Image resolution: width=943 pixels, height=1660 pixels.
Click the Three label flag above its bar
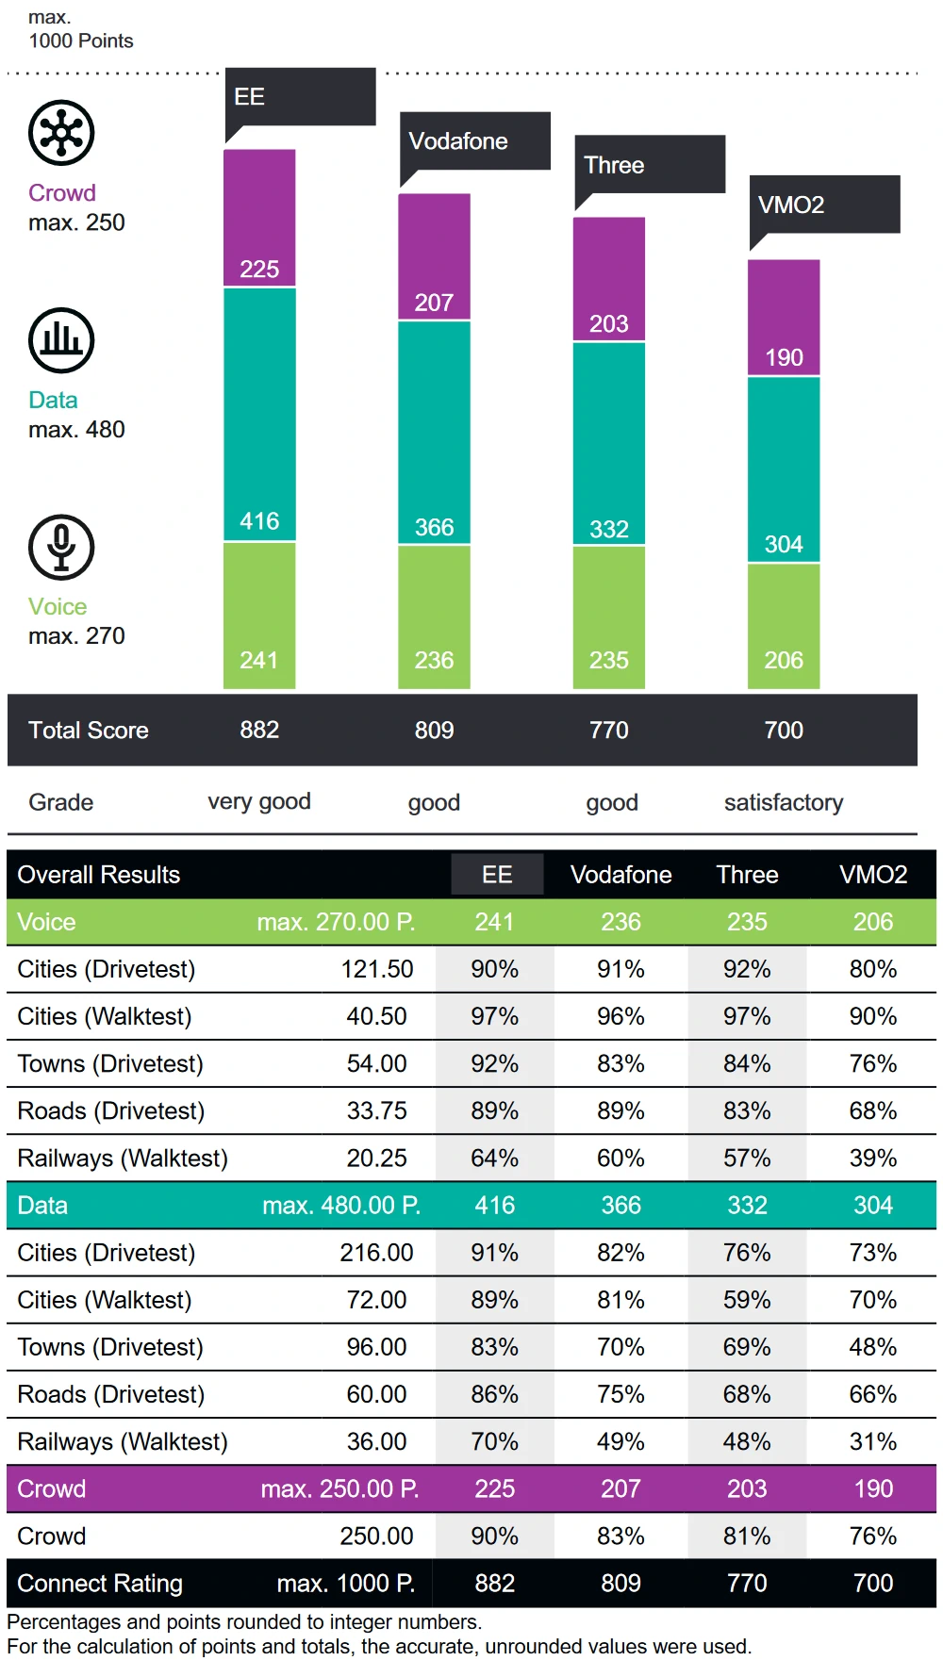[x=650, y=165]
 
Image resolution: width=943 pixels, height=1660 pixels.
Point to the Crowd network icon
[x=61, y=133]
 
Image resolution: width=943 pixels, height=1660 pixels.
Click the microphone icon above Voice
[x=61, y=547]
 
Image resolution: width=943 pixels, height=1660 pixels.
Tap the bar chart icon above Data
[x=61, y=340]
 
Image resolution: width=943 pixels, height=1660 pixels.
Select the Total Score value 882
[x=259, y=730]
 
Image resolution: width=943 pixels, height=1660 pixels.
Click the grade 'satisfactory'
[x=784, y=802]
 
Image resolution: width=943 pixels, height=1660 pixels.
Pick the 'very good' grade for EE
[x=259, y=801]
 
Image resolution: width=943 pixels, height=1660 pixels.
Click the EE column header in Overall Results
[x=497, y=874]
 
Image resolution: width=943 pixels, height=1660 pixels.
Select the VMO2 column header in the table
[x=873, y=874]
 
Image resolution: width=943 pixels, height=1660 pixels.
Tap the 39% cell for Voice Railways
[x=873, y=1158]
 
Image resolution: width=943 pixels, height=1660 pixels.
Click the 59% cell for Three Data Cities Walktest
[x=747, y=1300]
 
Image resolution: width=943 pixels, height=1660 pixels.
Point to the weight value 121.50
[x=376, y=969]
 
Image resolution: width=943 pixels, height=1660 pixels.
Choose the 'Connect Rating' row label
[x=100, y=1583]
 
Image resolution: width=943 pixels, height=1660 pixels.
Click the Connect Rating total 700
[x=873, y=1583]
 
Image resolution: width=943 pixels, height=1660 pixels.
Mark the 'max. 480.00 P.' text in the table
[x=341, y=1205]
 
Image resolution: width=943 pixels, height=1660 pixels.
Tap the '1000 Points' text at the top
[x=81, y=41]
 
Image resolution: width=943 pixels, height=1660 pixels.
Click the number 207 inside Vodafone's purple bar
[x=434, y=303]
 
